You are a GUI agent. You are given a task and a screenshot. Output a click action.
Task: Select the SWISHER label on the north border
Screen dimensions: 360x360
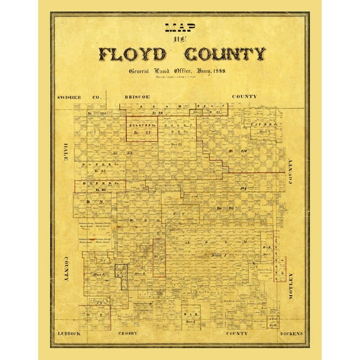(69, 97)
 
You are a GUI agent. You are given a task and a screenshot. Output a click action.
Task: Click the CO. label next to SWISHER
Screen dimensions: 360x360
(96, 97)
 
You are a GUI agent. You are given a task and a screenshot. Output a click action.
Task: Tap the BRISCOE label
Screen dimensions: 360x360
(136, 97)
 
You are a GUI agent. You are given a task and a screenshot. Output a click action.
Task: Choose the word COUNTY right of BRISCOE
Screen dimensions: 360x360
(244, 97)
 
